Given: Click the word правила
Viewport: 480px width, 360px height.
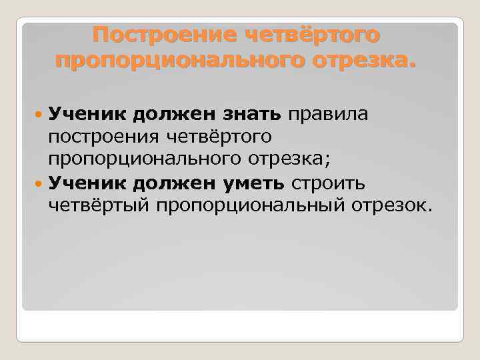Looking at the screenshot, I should coord(328,114).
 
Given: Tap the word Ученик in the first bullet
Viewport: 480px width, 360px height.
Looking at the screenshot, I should coord(87,114).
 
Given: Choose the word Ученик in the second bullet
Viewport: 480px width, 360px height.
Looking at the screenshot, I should coord(87,183).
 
